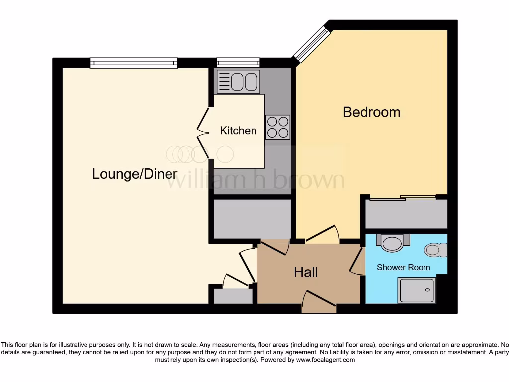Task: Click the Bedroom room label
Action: coord(371,112)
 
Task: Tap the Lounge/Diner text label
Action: coord(135,174)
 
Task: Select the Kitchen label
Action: coord(238,131)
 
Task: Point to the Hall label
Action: coord(306,272)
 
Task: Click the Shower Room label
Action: coord(403,267)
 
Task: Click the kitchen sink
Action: coord(238,81)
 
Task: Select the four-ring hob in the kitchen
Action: coord(277,127)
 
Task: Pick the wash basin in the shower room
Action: coord(393,242)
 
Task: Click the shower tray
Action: coord(417,290)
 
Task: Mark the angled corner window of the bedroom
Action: coord(311,44)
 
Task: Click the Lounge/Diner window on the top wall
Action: coord(134,63)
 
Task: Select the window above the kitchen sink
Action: coord(238,63)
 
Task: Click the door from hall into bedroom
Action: coord(323,234)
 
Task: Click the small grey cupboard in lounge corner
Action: coord(233,296)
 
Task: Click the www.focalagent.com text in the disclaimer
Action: coord(326,360)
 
